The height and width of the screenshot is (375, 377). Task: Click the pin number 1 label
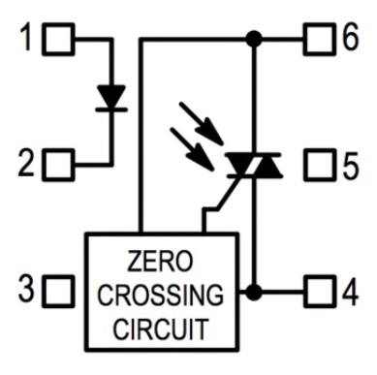click(x=26, y=37)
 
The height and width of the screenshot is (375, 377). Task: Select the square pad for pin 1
click(x=58, y=39)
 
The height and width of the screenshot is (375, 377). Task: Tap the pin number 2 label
click(x=26, y=164)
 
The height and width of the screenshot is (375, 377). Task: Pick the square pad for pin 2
click(x=58, y=165)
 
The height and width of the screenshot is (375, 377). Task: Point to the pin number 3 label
click(x=26, y=288)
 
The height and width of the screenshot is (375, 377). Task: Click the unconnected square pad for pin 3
click(x=58, y=291)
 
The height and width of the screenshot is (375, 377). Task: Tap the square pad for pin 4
click(x=320, y=292)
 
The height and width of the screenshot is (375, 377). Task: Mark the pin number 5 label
click(x=351, y=166)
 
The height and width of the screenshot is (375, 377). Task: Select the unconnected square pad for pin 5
click(x=320, y=165)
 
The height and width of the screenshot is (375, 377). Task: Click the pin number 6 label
click(x=351, y=37)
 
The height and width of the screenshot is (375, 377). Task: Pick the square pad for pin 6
click(x=320, y=39)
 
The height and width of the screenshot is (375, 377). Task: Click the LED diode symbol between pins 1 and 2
click(x=111, y=98)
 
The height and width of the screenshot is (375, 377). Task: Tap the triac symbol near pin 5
click(x=254, y=165)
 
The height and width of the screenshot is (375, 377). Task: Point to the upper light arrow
click(x=201, y=123)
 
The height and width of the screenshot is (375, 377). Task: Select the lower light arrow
click(x=192, y=149)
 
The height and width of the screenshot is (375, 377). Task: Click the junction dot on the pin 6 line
click(x=254, y=39)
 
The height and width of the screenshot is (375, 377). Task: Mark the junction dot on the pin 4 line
click(x=254, y=292)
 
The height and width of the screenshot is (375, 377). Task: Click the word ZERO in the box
click(x=160, y=261)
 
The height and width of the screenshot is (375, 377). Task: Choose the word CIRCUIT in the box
click(x=161, y=328)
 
